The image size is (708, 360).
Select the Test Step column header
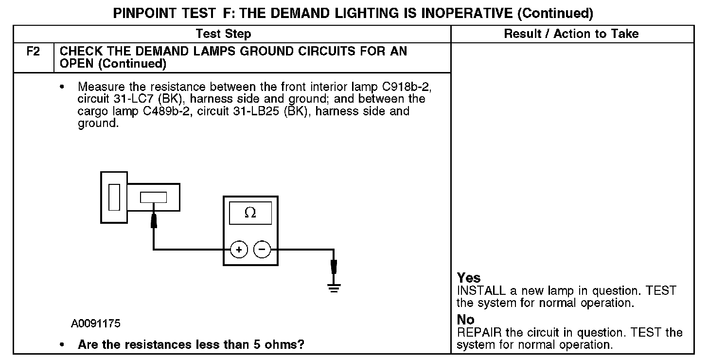[223, 34]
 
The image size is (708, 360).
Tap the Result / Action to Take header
[571, 34]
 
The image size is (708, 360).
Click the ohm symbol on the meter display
[250, 213]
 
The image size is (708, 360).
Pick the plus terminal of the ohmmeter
[239, 250]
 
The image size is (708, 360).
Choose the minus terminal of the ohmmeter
[262, 250]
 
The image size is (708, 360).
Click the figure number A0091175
[96, 324]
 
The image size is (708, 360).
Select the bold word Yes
[469, 278]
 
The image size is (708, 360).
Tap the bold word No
[465, 320]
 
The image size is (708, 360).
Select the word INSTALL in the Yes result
[482, 291]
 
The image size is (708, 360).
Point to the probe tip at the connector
[154, 220]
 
